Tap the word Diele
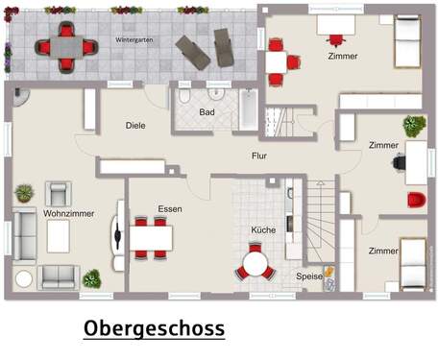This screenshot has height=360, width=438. click(x=136, y=125)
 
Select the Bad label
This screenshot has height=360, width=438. click(x=207, y=112)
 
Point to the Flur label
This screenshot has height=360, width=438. click(x=259, y=155)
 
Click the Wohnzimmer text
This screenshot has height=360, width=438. click(x=69, y=213)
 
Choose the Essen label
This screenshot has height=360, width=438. click(x=170, y=208)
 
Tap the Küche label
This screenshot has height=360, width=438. click(x=263, y=230)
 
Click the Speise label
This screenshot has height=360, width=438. click(x=309, y=276)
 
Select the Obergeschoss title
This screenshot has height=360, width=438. click(x=154, y=328)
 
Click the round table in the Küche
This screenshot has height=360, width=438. click(x=255, y=261)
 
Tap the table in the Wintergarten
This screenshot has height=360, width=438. click(x=65, y=46)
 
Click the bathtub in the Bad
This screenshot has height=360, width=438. click(x=249, y=111)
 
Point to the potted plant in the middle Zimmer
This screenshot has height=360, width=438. click(x=414, y=126)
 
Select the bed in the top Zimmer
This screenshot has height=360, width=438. click(x=407, y=42)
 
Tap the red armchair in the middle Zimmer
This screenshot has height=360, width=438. click(x=416, y=200)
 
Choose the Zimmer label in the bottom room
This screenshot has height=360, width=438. click(x=383, y=251)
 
